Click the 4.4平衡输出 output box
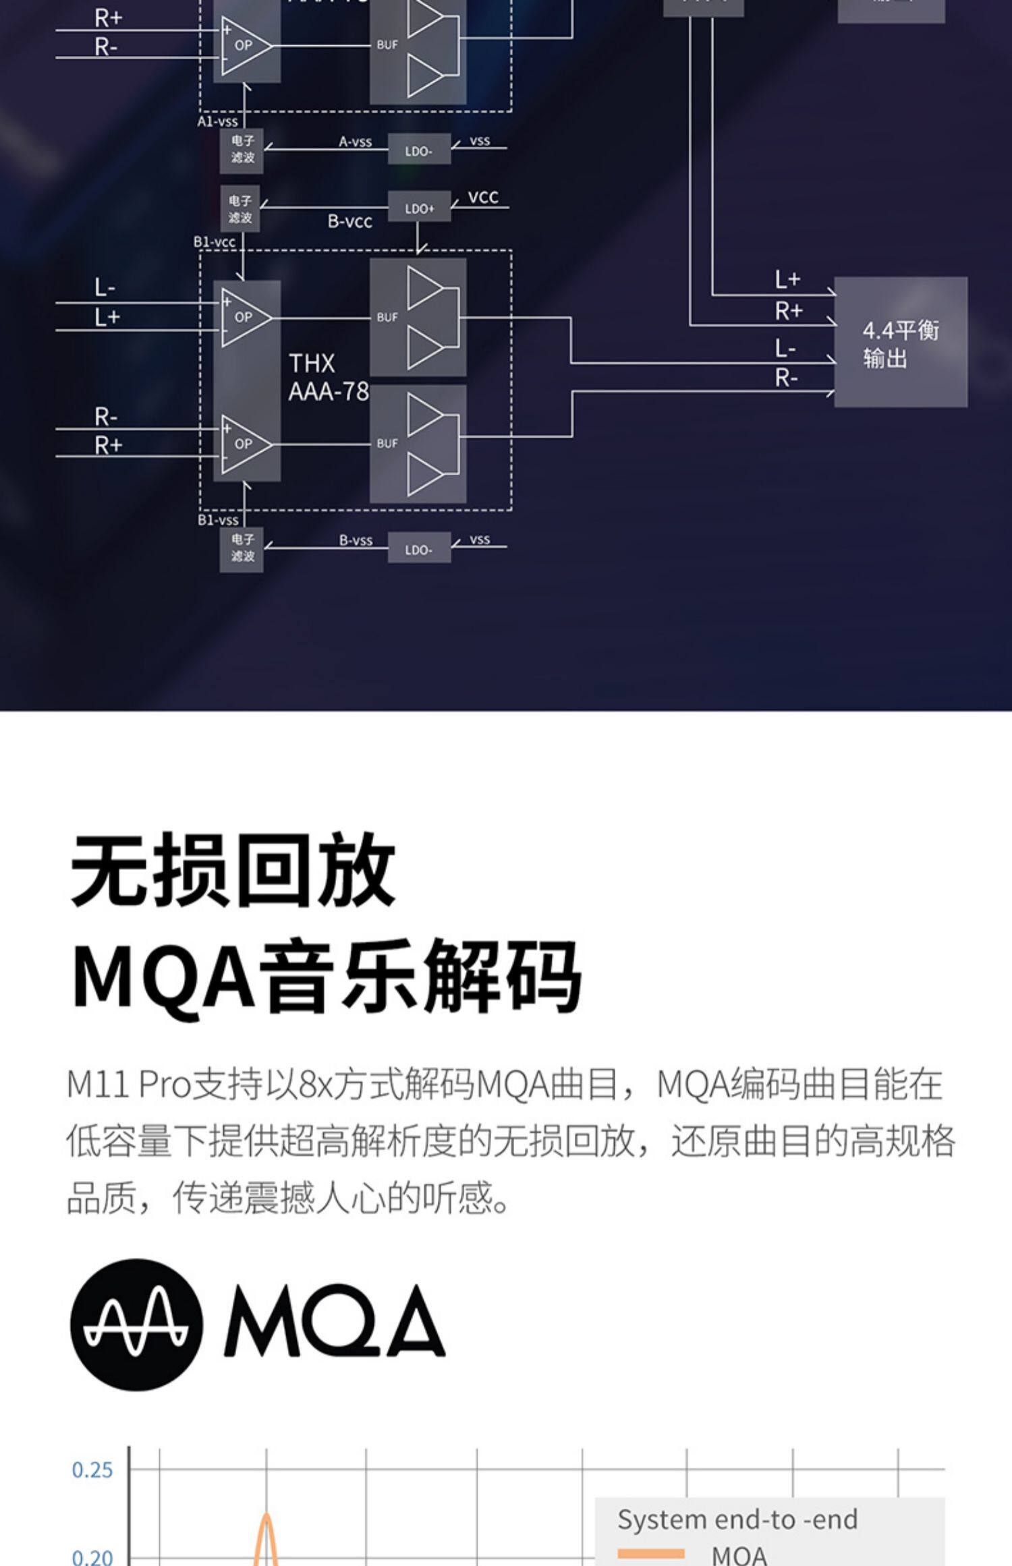click(x=900, y=342)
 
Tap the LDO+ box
click(x=419, y=209)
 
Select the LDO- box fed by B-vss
click(x=418, y=550)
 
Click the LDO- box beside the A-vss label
click(x=418, y=151)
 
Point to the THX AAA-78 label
click(x=329, y=378)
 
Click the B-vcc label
click(x=349, y=222)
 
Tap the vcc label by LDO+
click(x=483, y=197)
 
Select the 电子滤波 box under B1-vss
click(x=242, y=548)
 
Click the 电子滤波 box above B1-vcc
click(x=240, y=209)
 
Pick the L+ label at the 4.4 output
click(x=787, y=279)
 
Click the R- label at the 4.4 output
click(x=786, y=378)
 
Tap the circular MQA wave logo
click(x=136, y=1324)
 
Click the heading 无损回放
click(x=233, y=869)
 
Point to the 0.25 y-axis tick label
click(x=92, y=1470)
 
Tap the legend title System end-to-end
click(x=737, y=1519)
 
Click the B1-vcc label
click(x=215, y=241)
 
